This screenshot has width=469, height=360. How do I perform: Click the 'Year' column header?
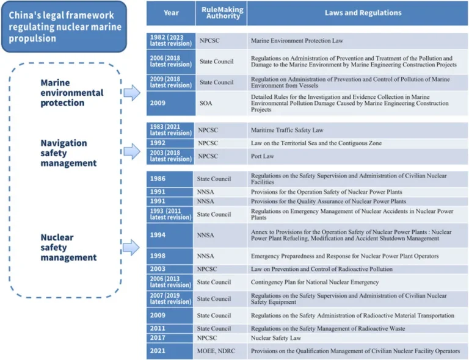[171, 13]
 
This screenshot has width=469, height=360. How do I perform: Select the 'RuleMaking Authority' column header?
[222, 13]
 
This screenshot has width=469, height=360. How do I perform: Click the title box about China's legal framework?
[65, 26]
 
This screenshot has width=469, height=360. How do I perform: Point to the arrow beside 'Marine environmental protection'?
[132, 93]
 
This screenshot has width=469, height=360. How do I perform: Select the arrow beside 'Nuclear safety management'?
[132, 247]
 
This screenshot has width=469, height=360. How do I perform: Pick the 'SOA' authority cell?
[206, 103]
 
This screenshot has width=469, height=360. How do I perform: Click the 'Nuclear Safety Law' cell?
[275, 337]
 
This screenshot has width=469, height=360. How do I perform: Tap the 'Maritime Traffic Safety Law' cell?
[287, 130]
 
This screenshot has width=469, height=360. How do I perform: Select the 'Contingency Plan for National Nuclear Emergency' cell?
[315, 282]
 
